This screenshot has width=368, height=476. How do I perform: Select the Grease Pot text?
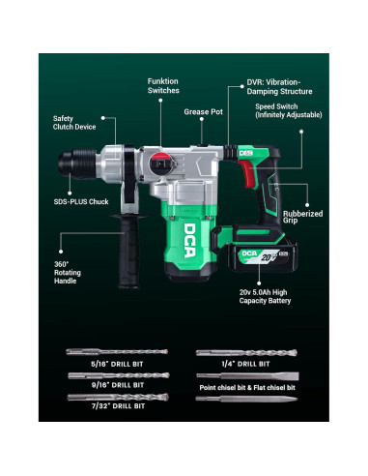click(x=203, y=111)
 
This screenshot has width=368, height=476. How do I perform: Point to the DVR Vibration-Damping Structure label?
click(x=281, y=88)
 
